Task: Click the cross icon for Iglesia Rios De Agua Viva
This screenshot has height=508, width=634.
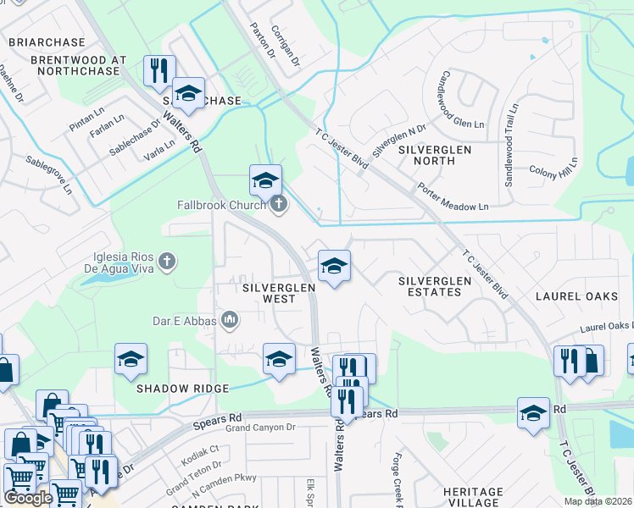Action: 167,260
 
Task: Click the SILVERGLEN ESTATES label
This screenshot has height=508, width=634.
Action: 430,285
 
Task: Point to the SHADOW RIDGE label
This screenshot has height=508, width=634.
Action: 182,388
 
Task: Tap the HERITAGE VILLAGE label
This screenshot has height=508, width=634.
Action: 473,497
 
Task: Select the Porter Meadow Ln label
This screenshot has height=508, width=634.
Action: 453,196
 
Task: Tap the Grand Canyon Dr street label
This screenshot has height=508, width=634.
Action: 259,428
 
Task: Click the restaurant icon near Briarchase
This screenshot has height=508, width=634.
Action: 158,71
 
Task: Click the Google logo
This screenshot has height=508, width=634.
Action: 28,498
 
